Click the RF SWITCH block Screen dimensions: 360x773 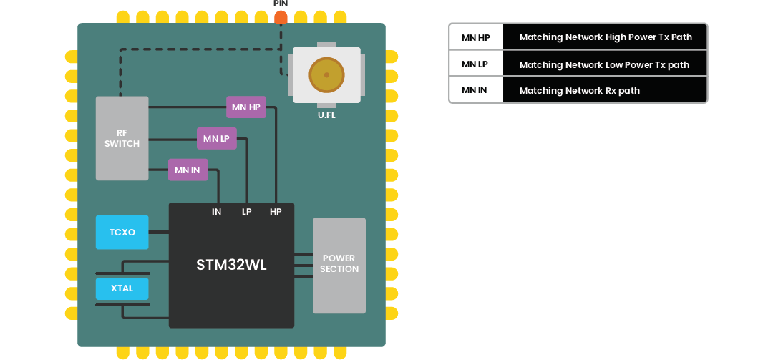pyautogui.click(x=122, y=138)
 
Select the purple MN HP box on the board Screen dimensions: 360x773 pyautogui.click(x=245, y=107)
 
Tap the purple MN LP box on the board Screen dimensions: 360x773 pyautogui.click(x=216, y=139)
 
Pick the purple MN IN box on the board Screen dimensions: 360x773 pyautogui.click(x=188, y=170)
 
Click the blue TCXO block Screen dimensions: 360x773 pyautogui.click(x=122, y=232)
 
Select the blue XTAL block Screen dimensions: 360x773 pyautogui.click(x=122, y=288)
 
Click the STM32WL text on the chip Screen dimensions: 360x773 pyautogui.click(x=231, y=265)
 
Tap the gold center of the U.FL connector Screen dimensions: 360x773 pyautogui.click(x=326, y=74)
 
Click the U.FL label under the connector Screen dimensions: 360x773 pyautogui.click(x=326, y=115)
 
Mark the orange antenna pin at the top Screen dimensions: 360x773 pyautogui.click(x=281, y=17)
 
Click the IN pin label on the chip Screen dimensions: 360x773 pyautogui.click(x=216, y=212)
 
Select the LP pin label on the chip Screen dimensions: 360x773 pyautogui.click(x=246, y=212)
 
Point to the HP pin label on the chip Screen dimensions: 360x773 pyautogui.click(x=276, y=212)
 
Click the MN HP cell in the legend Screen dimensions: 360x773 pyautogui.click(x=475, y=37)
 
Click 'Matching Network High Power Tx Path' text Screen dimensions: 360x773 pyautogui.click(x=606, y=37)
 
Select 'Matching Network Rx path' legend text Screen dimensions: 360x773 pyautogui.click(x=579, y=91)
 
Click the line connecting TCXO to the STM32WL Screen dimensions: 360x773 pyautogui.click(x=158, y=232)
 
